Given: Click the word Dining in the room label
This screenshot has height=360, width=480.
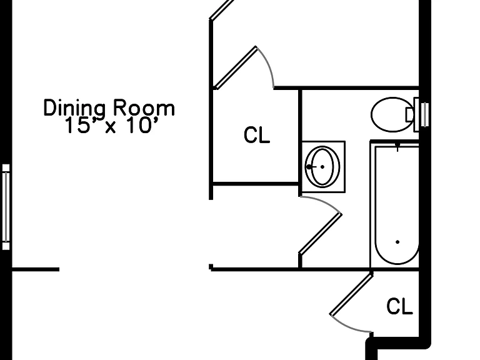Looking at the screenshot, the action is pyautogui.click(x=74, y=108).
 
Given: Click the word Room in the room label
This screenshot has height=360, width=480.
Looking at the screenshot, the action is pyautogui.click(x=144, y=107).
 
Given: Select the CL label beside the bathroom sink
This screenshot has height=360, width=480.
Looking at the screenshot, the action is pyautogui.click(x=257, y=135).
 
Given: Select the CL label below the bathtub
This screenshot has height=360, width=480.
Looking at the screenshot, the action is pyautogui.click(x=399, y=306).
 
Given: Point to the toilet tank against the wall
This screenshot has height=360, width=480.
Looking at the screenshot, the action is pyautogui.click(x=416, y=114).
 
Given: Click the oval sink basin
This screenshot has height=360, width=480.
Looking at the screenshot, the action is pyautogui.click(x=322, y=167).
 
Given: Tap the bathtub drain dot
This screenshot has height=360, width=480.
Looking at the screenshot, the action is pyautogui.click(x=397, y=242).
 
